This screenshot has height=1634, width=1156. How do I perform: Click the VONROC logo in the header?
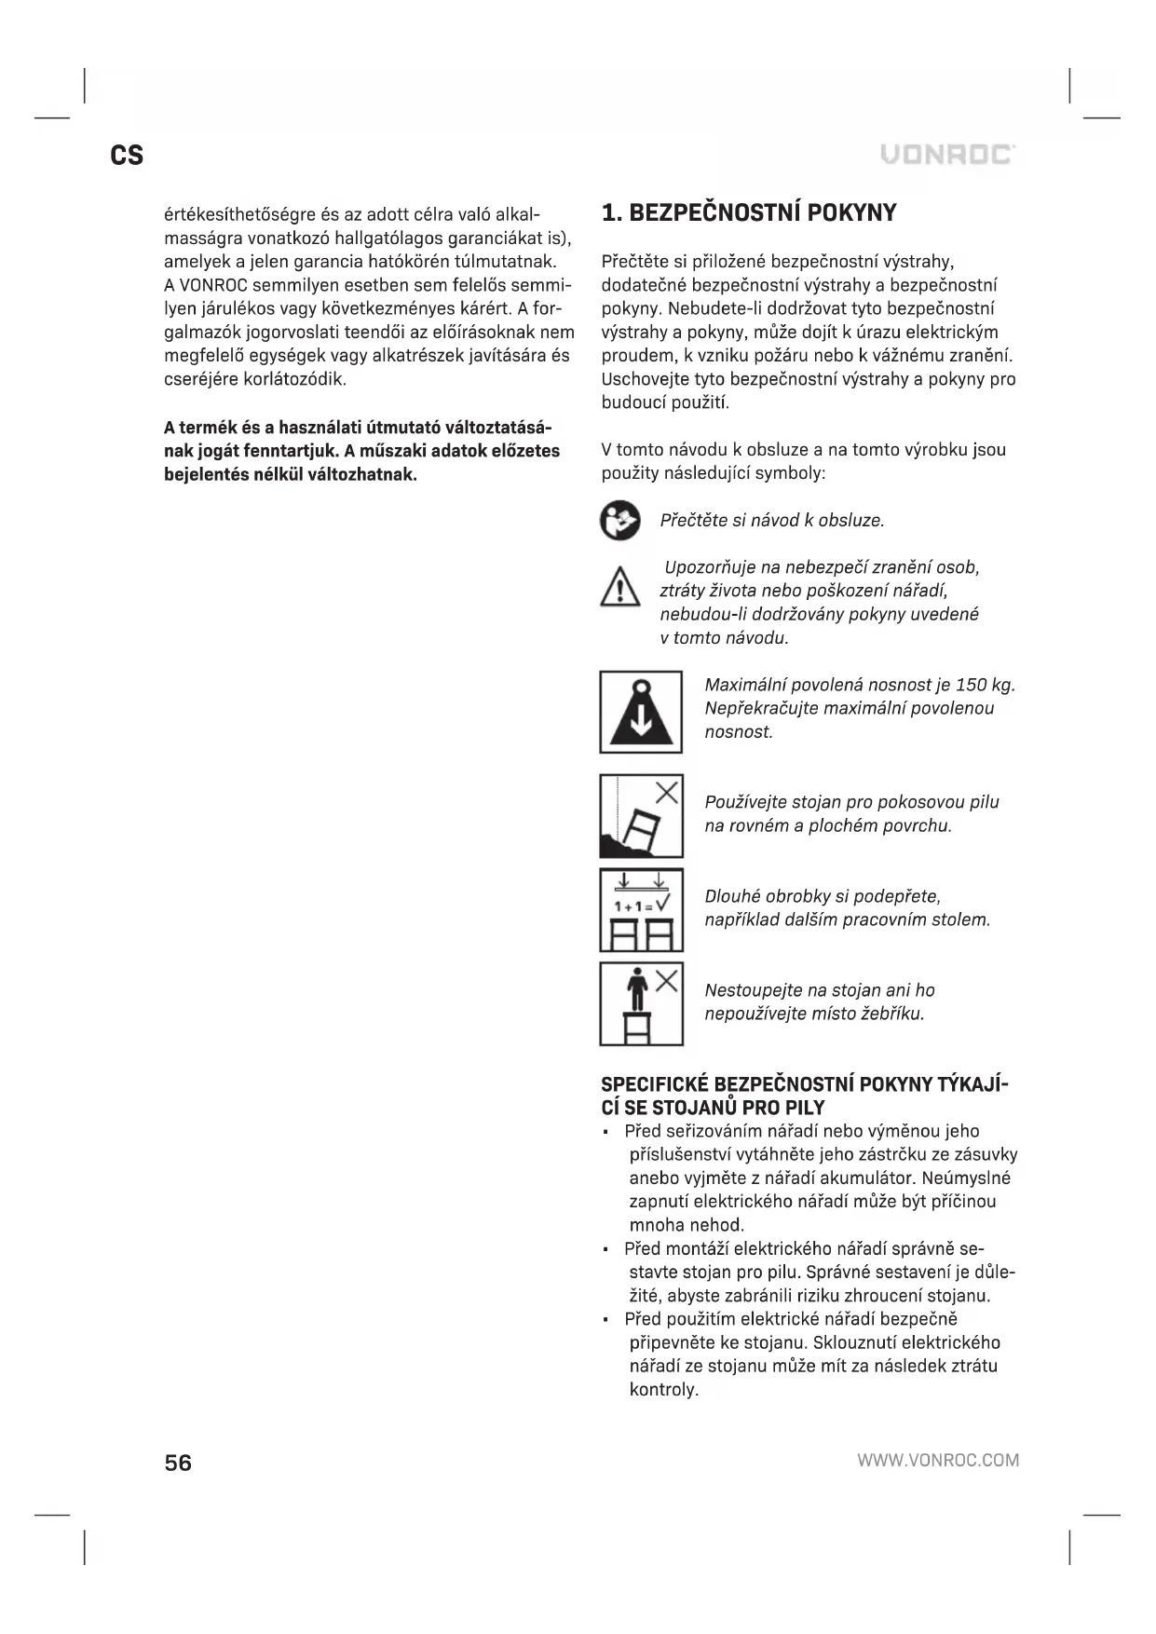tap(947, 155)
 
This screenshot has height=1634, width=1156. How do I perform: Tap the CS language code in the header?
tap(127, 155)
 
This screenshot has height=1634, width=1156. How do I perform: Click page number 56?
tap(178, 1463)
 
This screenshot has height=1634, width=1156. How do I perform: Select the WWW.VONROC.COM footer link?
tap(938, 1460)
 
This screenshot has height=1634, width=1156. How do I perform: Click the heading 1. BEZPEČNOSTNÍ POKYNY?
tap(749, 213)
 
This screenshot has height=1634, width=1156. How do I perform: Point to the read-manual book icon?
tap(620, 520)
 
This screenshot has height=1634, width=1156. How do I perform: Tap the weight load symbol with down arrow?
tap(641, 712)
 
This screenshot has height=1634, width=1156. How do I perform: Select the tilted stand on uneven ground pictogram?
tap(641, 816)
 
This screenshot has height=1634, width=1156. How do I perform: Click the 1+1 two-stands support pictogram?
tap(641, 909)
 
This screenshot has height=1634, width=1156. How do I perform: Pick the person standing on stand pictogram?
tap(641, 1003)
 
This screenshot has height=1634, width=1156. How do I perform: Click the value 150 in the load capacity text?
tap(970, 685)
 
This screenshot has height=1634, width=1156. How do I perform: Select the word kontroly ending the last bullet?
tap(663, 1390)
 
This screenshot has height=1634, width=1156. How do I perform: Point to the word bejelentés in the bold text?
tap(206, 474)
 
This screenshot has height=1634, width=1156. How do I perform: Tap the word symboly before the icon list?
tap(792, 473)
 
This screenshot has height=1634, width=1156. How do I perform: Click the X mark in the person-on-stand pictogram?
tap(666, 980)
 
